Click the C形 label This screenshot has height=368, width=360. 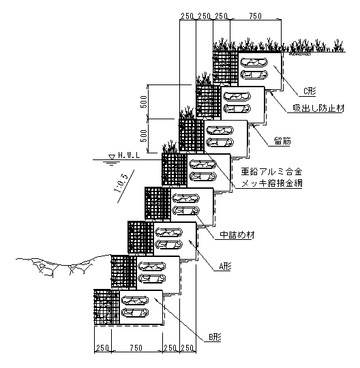coord(310,91)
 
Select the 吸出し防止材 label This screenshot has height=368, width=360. coord(318,108)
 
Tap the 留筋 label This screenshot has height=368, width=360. coord(282,141)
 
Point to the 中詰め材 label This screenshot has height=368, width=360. coord(237,234)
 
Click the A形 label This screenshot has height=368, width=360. coord(225,266)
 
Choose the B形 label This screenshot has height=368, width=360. coord(215,337)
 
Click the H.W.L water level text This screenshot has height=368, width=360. coord(129,155)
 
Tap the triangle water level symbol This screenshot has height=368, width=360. coord(112,157)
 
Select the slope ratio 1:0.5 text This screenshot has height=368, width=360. coord(123,183)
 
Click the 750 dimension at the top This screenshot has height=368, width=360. coord(255,16)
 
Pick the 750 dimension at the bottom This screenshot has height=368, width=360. coord(136,348)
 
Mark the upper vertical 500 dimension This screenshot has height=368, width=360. coord(144,102)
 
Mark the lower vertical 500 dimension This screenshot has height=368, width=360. coord(144,136)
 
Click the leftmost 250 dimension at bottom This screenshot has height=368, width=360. coord(102,348)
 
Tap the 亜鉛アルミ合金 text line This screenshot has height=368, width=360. coord(271,172)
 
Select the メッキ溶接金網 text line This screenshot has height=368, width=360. coord(271,183)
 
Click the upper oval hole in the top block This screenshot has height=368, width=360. coord(254,63)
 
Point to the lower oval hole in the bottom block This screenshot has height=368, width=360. coord(135,312)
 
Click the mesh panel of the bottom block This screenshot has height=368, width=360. coord(107,307)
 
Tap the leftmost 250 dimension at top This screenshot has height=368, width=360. coord(187,16)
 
